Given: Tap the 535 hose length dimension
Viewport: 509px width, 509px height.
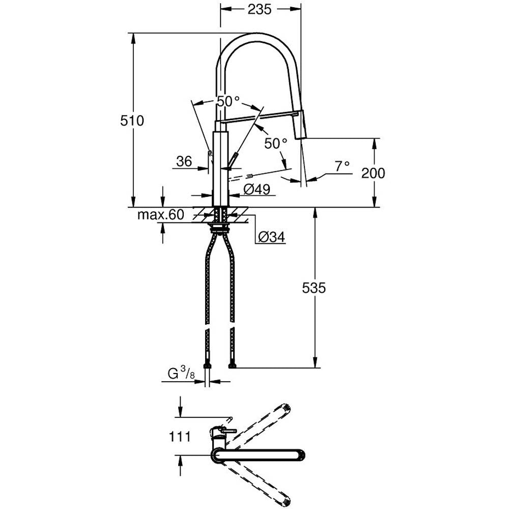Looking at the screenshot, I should point(314,288).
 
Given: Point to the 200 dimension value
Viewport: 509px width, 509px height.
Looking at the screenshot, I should point(373,173).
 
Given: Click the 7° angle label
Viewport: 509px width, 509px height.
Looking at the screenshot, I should point(342,166).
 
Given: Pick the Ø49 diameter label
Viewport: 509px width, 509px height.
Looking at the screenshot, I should point(257,189).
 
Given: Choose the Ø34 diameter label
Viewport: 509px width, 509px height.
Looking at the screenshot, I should point(271,237).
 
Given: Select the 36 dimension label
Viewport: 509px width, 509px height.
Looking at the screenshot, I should point(184,161).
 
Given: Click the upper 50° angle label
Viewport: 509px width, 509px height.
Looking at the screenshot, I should point(228,101).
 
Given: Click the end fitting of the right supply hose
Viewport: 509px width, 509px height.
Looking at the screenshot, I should point(233,365).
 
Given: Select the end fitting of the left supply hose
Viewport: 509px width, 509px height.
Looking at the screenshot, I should point(207,365).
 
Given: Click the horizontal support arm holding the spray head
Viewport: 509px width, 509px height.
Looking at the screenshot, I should point(260,116).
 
